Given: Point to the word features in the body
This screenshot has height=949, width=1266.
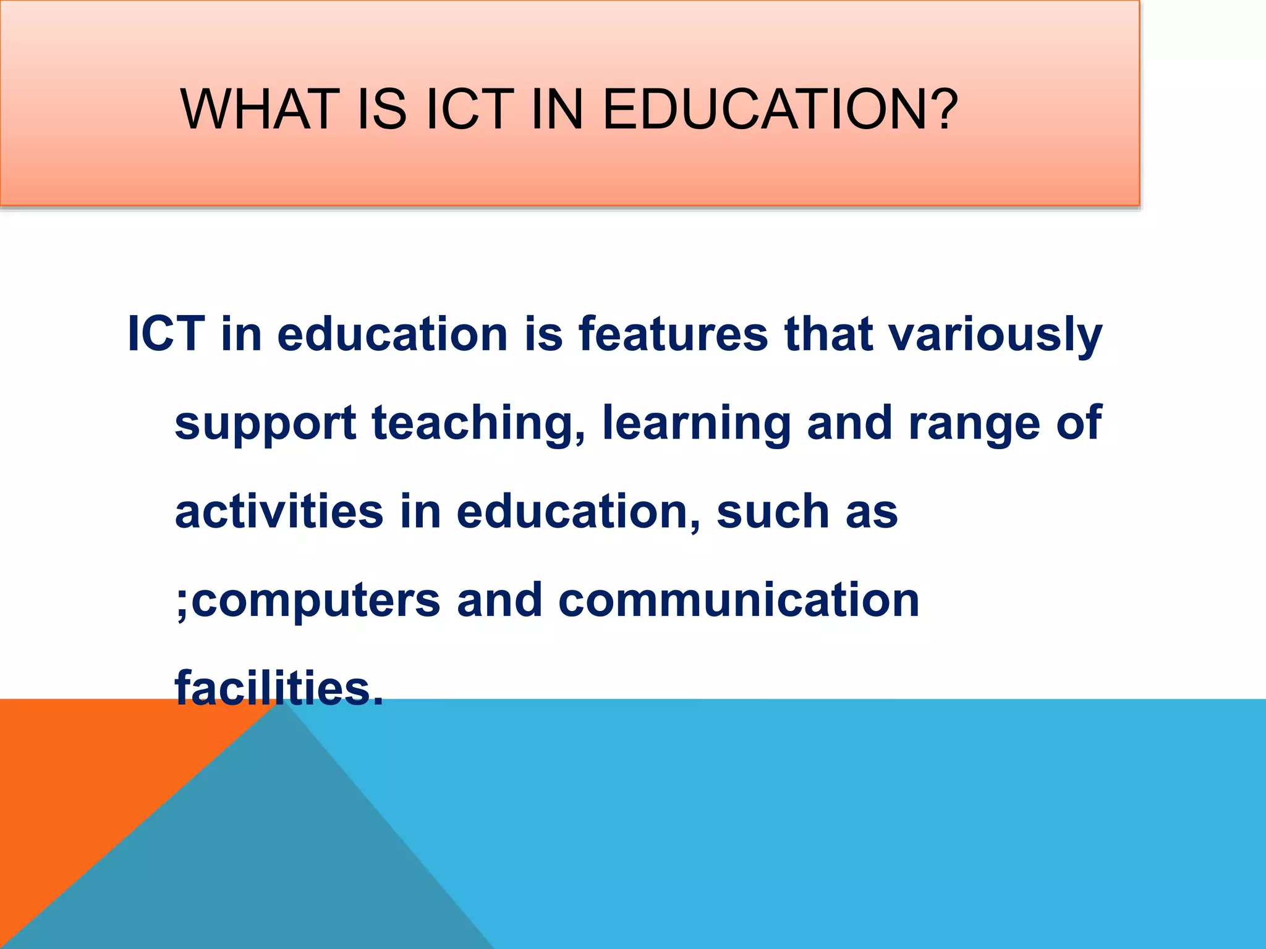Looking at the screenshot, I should [x=673, y=334].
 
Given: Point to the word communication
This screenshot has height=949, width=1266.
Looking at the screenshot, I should [x=739, y=600].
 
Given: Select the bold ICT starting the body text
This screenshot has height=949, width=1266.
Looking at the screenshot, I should [x=166, y=334].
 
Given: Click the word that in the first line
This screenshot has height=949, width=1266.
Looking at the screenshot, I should [x=829, y=334].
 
